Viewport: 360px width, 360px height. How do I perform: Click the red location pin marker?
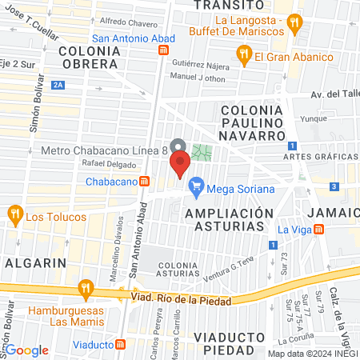point(179,166)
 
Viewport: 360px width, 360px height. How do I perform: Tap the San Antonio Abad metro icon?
point(163,50)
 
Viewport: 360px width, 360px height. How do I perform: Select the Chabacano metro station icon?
point(144,181)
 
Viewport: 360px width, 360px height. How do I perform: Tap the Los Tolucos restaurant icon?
point(14,214)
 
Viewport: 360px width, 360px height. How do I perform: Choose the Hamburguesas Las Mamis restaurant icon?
point(84,289)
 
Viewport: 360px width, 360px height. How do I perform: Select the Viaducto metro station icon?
point(121,344)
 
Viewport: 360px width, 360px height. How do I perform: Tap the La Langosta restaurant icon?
point(295,23)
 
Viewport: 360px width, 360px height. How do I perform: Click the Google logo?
point(28,350)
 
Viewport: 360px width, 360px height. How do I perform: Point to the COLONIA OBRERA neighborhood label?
point(89,58)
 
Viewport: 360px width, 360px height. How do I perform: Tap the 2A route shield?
point(58,83)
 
